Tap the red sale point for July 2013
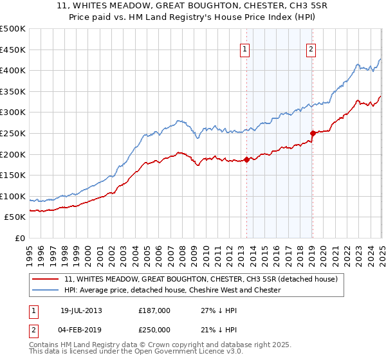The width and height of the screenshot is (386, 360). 247,159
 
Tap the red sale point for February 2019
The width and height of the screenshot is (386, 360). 313,133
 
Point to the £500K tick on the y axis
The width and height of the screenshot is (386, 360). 13,29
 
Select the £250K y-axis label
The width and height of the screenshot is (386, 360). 13,133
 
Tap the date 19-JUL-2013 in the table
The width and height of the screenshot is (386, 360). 81,310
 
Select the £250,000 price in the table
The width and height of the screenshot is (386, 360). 155,329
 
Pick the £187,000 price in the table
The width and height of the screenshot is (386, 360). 155,310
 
